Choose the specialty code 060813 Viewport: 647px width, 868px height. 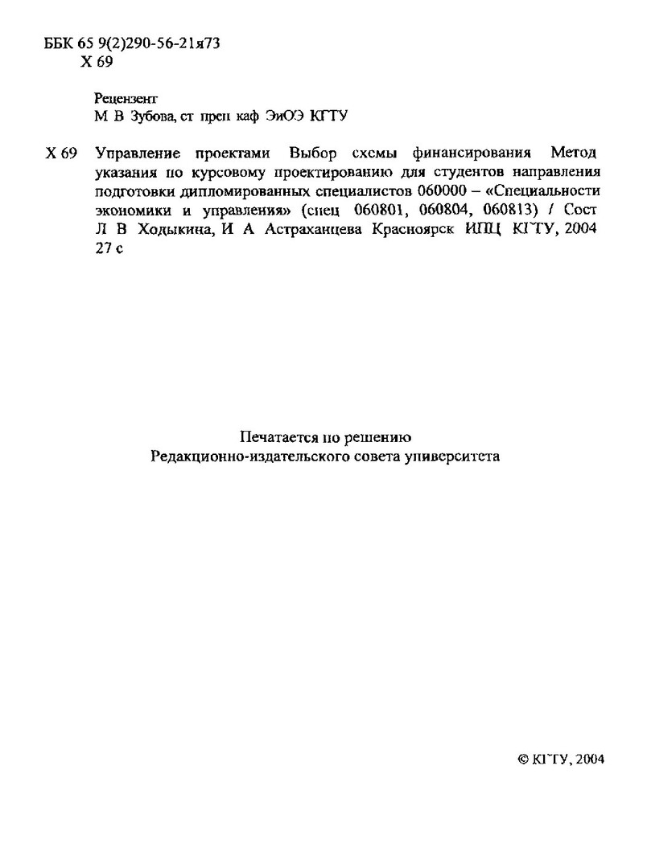click(x=509, y=211)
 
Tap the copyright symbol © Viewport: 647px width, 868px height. click(x=521, y=759)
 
